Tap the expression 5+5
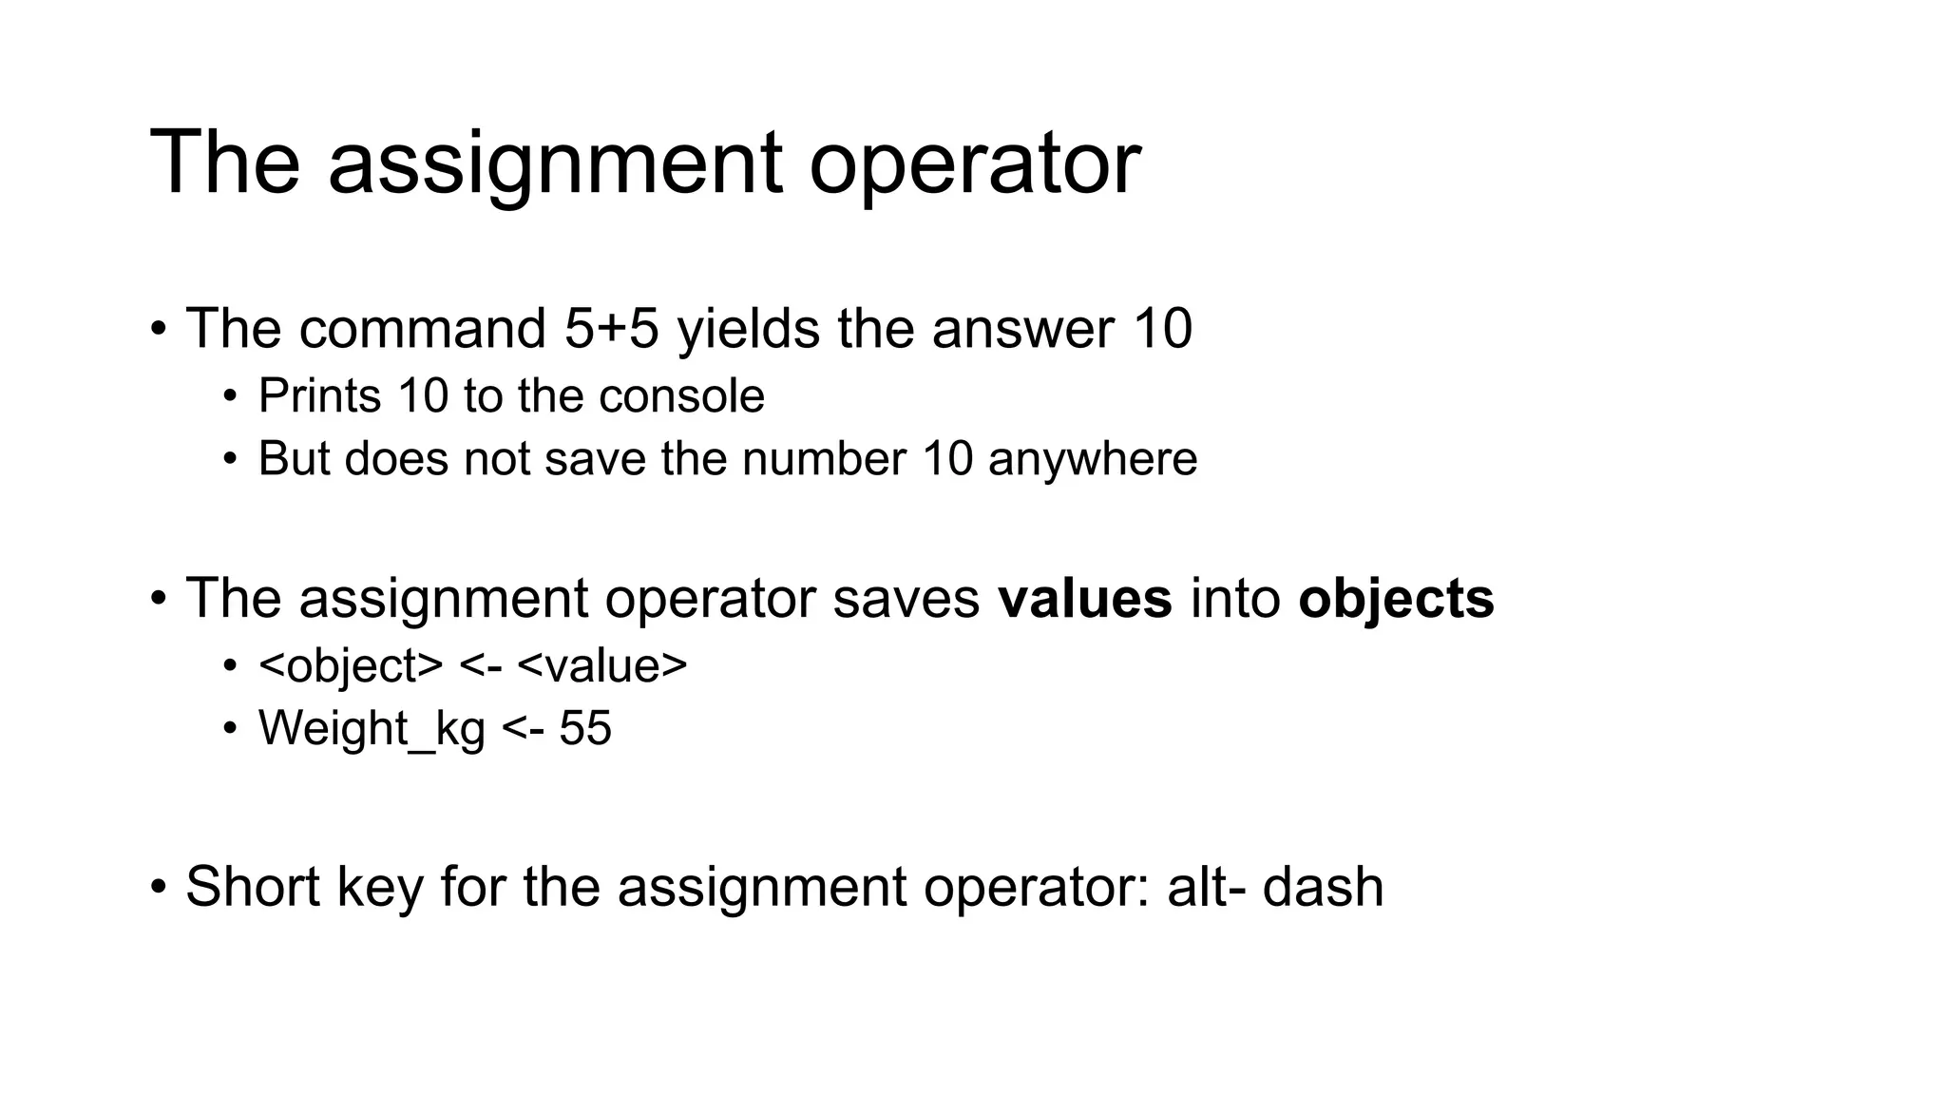tap(611, 329)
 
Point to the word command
tap(422, 329)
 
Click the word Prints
tap(319, 395)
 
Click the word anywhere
tap(1093, 458)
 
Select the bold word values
tap(1085, 599)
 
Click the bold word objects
tap(1396, 599)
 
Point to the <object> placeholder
tap(351, 665)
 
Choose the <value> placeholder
tap(602, 665)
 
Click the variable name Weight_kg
tap(372, 729)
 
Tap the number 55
tap(585, 729)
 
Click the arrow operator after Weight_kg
tap(522, 729)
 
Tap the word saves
tap(906, 599)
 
